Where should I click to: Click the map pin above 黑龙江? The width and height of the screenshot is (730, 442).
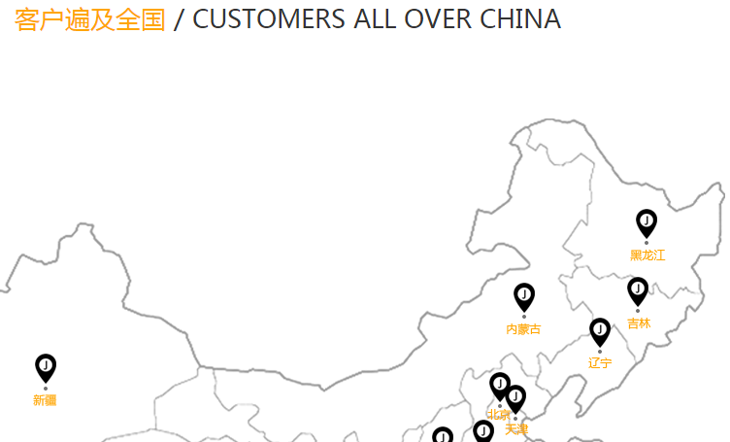(647, 223)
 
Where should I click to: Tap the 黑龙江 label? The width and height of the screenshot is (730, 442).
(647, 255)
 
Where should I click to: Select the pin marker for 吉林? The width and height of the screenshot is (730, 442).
(638, 290)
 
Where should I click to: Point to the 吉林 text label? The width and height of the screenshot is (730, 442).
(639, 323)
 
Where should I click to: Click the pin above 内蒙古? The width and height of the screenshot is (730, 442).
(524, 296)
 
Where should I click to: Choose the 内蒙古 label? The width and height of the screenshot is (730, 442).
(523, 329)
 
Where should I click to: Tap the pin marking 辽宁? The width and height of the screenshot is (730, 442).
(600, 331)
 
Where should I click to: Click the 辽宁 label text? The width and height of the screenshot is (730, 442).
(600, 363)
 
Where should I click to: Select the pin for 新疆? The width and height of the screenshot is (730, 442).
(46, 367)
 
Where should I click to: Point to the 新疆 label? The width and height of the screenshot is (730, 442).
(45, 400)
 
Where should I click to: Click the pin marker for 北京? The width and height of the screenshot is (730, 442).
(500, 386)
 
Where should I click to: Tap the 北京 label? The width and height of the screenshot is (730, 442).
(497, 415)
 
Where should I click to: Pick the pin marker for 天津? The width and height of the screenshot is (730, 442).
(515, 398)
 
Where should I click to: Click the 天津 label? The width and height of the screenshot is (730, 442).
(516, 428)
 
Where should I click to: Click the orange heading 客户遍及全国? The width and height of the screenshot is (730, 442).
(90, 19)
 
